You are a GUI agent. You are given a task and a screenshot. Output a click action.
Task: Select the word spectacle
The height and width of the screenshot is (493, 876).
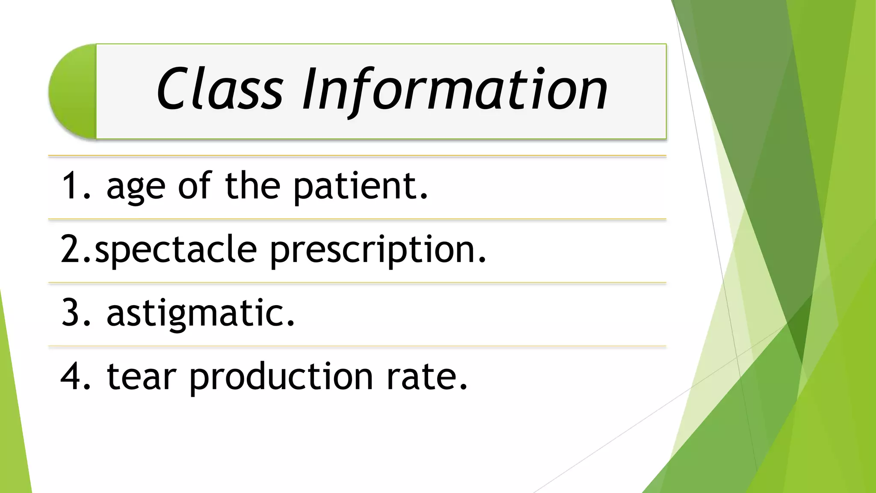pos(176,250)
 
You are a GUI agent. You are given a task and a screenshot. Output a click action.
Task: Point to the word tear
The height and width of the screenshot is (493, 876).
pos(141,377)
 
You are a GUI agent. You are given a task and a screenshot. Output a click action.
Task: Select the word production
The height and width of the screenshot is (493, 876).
pos(281,377)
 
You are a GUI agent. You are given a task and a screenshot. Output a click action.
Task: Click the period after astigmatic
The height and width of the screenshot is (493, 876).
pos(291,324)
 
